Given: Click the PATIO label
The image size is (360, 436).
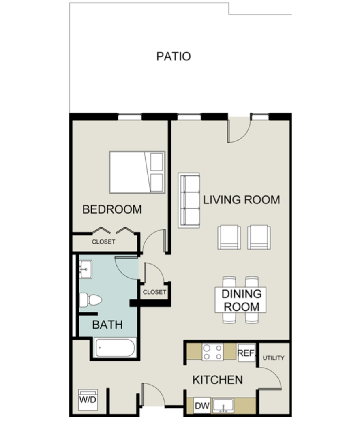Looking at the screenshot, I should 174,56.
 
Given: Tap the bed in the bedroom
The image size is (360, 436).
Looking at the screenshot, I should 137,172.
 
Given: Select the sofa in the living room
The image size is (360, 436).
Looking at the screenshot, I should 189,200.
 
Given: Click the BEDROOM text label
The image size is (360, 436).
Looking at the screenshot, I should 112,209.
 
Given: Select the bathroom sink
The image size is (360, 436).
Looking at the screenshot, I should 85,269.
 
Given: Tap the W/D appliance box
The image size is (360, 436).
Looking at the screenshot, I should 88,400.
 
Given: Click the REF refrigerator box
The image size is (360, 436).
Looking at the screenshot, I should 246,353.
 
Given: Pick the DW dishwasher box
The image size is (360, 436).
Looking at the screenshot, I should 201,406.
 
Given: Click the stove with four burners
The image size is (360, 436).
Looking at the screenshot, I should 212,352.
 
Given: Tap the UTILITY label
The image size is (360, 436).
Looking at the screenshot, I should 274,358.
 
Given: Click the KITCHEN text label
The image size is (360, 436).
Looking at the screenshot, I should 217,380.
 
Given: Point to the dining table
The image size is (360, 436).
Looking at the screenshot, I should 241,300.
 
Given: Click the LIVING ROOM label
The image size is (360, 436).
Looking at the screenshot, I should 241,200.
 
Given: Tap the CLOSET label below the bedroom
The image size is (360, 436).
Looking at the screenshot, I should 103,242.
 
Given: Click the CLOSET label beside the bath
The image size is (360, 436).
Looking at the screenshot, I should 154,292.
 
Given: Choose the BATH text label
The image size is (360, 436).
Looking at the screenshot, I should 107,325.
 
